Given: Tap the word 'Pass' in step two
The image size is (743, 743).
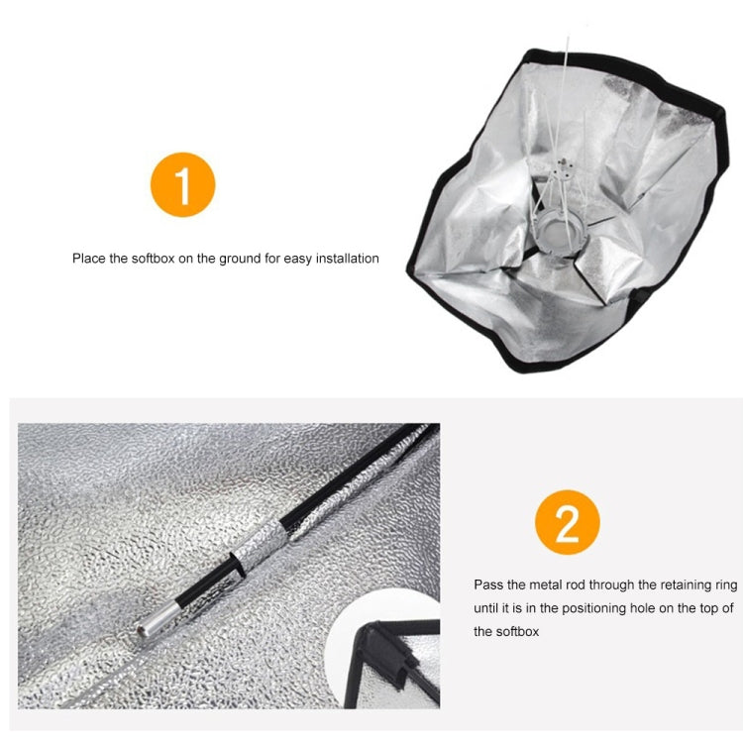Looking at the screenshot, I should pos(487,585).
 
